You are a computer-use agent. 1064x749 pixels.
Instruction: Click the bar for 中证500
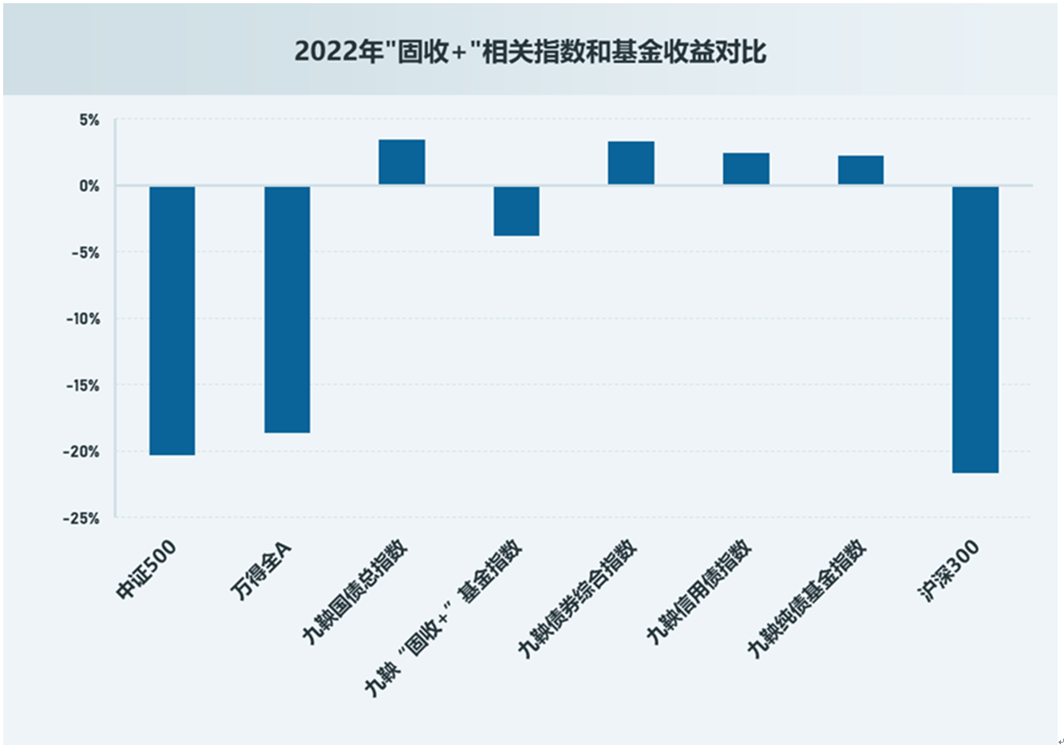tap(172, 321)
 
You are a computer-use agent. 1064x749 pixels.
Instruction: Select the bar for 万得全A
tap(287, 309)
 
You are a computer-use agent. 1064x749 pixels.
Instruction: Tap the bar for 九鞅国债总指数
tap(401, 162)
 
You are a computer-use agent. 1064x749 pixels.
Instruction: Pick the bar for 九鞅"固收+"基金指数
tap(516, 211)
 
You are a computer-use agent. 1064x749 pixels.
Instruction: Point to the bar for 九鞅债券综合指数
tap(631, 163)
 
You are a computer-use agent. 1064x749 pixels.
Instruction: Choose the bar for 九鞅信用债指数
tap(746, 168)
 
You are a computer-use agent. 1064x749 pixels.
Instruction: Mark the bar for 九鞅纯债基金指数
tap(860, 170)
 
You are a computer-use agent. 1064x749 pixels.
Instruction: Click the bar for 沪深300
tap(975, 329)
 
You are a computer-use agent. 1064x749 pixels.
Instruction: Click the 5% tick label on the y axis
tap(89, 120)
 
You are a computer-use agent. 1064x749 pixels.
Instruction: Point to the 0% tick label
tap(89, 187)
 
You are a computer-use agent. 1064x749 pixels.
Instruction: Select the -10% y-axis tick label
tap(83, 319)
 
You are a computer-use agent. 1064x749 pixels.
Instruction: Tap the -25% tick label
tap(82, 518)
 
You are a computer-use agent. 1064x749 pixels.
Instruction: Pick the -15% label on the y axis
tap(83, 386)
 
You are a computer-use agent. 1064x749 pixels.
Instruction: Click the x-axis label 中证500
tap(146, 570)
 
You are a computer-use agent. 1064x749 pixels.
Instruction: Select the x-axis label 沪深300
tap(947, 570)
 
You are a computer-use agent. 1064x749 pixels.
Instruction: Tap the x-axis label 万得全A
tap(261, 570)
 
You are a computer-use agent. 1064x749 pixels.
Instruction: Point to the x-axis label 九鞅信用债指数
tap(699, 591)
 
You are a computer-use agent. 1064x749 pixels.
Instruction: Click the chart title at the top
tap(531, 51)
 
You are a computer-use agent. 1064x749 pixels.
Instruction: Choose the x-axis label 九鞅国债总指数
tap(355, 590)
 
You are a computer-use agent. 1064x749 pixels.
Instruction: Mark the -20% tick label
tap(83, 452)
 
